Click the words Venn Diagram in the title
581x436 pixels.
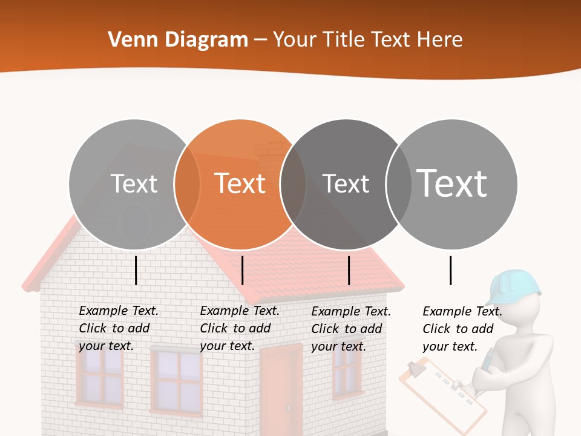[x=178, y=40]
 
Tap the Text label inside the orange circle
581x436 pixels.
[x=240, y=183]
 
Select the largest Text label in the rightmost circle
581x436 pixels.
[x=451, y=183]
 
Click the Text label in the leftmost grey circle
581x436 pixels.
[x=134, y=183]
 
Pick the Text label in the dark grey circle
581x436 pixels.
[x=346, y=183]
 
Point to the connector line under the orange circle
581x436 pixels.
[x=242, y=270]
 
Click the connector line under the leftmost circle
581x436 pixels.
[x=136, y=270]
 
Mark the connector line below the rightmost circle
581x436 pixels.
[x=450, y=270]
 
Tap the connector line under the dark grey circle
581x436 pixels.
[x=349, y=270]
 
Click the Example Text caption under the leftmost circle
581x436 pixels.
[x=119, y=328]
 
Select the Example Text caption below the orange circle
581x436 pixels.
[x=240, y=328]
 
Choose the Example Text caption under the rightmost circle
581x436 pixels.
[x=462, y=329]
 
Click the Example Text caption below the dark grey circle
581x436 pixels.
[x=351, y=329]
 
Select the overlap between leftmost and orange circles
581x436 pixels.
[x=187, y=183]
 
